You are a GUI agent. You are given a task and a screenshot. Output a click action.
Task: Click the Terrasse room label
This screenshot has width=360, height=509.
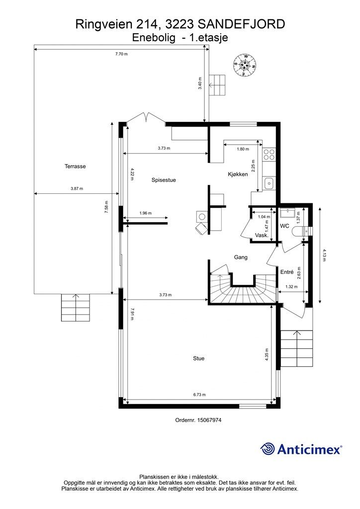pyautogui.click(x=75, y=166)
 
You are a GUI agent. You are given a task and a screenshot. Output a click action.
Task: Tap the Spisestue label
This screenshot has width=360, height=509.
pyautogui.click(x=164, y=180)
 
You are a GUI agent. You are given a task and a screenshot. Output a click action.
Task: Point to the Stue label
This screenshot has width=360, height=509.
pyautogui.click(x=199, y=358)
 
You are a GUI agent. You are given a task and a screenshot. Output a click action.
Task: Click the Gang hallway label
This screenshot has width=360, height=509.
pyautogui.click(x=241, y=257)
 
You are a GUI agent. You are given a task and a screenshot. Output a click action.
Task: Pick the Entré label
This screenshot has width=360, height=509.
pyautogui.click(x=287, y=272)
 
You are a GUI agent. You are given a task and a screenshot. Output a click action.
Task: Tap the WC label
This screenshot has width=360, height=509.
pyautogui.click(x=285, y=226)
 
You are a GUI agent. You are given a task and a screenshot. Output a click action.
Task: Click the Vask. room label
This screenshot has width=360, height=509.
pyautogui.click(x=262, y=235)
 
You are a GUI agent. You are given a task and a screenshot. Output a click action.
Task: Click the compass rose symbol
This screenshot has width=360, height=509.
pyautogui.click(x=245, y=65)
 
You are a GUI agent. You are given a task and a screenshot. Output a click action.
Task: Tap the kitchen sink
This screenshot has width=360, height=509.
pyautogui.click(x=269, y=184)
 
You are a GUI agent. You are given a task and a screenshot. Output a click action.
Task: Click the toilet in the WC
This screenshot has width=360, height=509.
pyautogui.click(x=301, y=231)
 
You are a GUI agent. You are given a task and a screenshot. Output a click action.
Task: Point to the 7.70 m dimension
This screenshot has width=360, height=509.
pyautogui.click(x=121, y=54)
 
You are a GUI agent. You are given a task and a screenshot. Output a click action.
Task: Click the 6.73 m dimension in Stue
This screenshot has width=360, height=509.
pyautogui.click(x=199, y=395)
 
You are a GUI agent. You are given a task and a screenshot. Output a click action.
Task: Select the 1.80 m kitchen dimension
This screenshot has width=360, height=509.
pyautogui.click(x=243, y=149)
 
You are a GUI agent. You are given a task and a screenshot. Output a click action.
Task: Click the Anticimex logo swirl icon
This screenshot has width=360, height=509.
pyautogui.click(x=268, y=449)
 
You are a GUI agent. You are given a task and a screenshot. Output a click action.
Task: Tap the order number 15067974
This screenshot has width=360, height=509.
pyautogui.click(x=210, y=420)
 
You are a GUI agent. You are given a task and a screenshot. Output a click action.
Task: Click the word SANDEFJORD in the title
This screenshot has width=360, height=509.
pyautogui.click(x=241, y=24)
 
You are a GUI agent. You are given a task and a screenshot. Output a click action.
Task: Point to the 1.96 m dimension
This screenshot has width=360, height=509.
pyautogui.click(x=145, y=213)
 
